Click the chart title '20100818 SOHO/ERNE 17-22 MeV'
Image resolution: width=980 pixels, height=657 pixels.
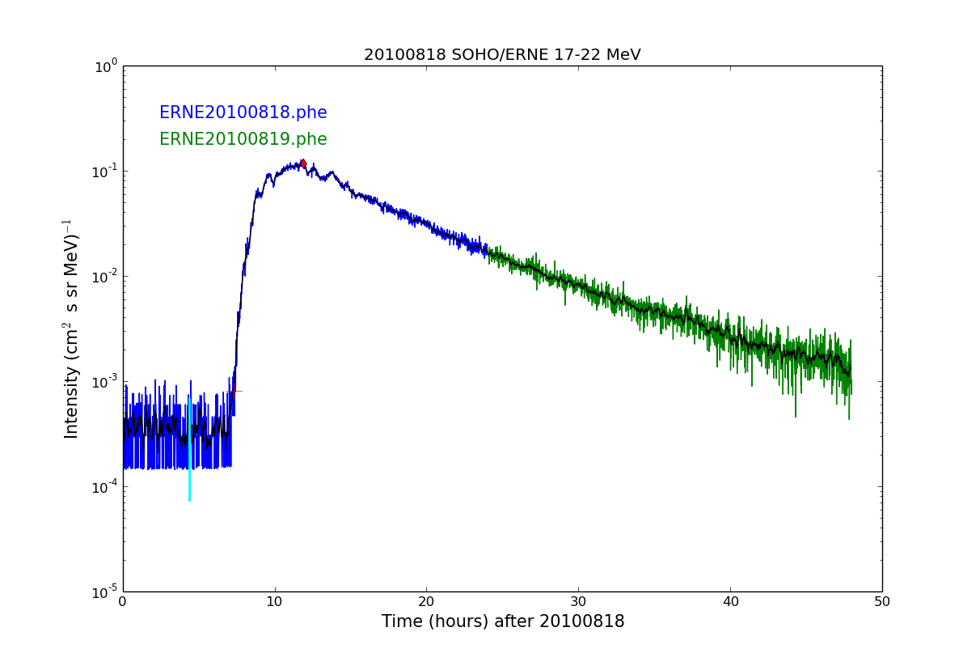[x=502, y=55]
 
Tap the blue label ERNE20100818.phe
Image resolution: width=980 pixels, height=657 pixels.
[x=243, y=113]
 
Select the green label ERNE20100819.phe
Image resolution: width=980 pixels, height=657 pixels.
[x=243, y=139]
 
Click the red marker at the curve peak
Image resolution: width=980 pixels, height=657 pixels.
[x=303, y=163]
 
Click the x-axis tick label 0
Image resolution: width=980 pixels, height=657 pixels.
[x=123, y=602]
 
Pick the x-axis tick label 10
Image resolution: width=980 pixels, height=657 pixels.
[x=275, y=602]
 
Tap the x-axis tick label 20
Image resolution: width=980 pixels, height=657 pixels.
[x=426, y=602]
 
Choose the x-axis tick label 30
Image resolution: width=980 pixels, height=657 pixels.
[x=578, y=602]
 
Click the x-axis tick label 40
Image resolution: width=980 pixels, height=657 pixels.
[x=730, y=602]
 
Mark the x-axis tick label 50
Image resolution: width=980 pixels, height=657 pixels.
[x=881, y=602]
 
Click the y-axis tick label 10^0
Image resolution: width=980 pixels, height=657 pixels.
[x=107, y=66]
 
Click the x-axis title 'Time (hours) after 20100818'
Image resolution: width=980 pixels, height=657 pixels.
[x=503, y=622]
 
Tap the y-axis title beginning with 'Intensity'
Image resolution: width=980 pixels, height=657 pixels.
[x=71, y=328]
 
